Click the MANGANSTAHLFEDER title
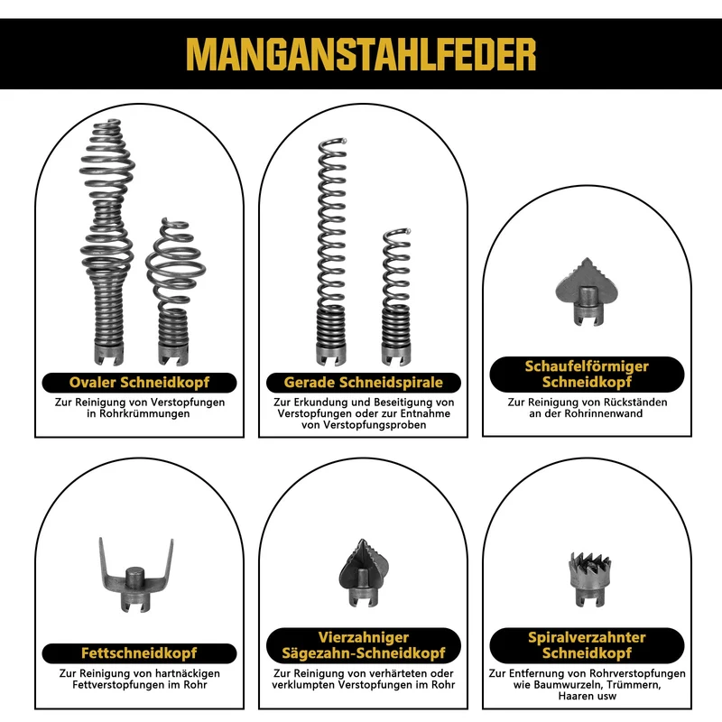pyautogui.click(x=361, y=54)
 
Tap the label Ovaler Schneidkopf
pyautogui.click(x=139, y=382)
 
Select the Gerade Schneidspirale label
pyautogui.click(x=364, y=382)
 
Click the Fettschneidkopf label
pyautogui.click(x=139, y=653)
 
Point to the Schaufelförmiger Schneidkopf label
pyautogui.click(x=587, y=374)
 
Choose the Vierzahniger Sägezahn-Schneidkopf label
pyautogui.click(x=364, y=645)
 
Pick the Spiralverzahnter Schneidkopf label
pyautogui.click(x=587, y=645)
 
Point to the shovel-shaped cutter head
pyautogui.click(x=586, y=292)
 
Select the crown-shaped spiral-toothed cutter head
pyautogui.click(x=590, y=579)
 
